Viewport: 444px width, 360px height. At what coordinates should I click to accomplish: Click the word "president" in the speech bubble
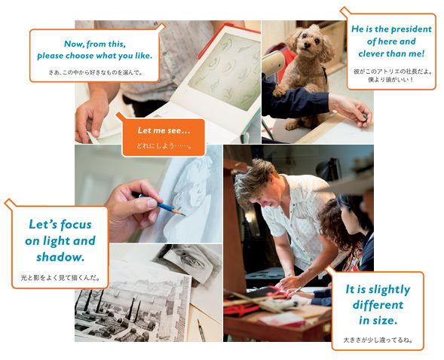(x=408, y=29)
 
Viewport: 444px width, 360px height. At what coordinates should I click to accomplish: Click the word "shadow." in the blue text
(x=60, y=257)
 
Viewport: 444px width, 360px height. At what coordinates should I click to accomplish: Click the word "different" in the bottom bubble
(x=378, y=305)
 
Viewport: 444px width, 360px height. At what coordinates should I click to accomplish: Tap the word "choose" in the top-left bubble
(x=79, y=56)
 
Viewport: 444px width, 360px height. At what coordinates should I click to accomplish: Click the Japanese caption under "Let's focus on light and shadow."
(x=60, y=278)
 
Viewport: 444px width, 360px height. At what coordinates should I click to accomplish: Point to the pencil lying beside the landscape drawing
(x=201, y=331)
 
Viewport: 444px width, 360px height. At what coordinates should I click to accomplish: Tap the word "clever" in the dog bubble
(x=371, y=53)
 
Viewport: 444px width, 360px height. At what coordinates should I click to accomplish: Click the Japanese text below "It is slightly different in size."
(x=378, y=340)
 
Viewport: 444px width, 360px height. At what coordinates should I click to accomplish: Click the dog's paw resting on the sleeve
(x=280, y=92)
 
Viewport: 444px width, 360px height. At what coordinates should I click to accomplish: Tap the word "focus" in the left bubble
(x=76, y=224)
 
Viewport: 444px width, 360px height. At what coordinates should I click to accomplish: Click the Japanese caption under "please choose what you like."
(x=96, y=73)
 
